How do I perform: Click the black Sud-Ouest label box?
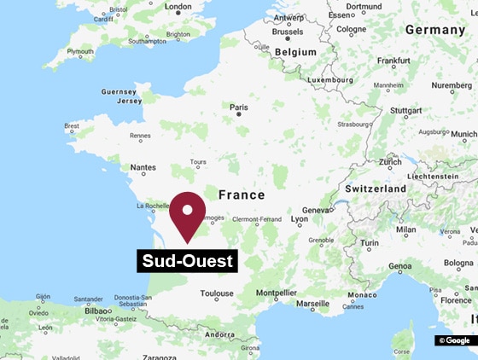click(x=187, y=261)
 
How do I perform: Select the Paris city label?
click(x=239, y=107)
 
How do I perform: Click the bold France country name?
click(x=242, y=195)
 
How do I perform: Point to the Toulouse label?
click(x=217, y=293)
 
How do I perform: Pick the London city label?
click(x=178, y=7)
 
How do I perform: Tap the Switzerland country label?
click(x=376, y=188)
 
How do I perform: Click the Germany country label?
click(x=434, y=30)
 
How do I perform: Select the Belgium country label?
click(x=295, y=51)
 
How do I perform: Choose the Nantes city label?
click(x=143, y=168)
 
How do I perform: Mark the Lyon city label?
click(x=300, y=219)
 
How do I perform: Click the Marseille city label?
click(x=312, y=304)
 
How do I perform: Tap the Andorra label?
click(x=220, y=334)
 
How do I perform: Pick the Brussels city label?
click(x=288, y=31)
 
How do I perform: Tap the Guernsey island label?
click(x=118, y=91)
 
